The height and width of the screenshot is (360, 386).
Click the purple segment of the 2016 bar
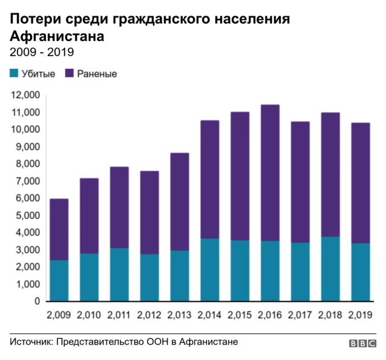(270, 173)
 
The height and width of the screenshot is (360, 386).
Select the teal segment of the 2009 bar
(59, 280)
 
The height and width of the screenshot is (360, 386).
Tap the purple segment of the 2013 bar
(179, 201)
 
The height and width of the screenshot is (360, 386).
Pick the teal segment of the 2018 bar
(330, 268)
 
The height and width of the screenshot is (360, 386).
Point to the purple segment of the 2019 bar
(360, 183)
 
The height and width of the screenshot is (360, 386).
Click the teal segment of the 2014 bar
(209, 270)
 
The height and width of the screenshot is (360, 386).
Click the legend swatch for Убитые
(14, 74)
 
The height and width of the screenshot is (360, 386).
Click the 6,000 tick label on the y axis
(27, 198)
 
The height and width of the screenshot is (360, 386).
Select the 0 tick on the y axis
(36, 301)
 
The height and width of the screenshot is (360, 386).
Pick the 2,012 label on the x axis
(149, 315)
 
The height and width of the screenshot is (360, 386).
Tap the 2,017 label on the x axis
(300, 315)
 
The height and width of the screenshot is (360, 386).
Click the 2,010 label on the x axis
(89, 315)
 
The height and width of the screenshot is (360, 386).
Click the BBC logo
(362, 343)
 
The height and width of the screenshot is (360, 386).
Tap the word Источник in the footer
(31, 342)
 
